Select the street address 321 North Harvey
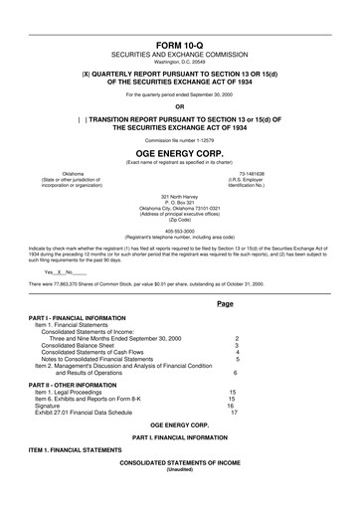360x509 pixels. click(179, 197)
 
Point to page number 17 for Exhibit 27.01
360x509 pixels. click(234, 412)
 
